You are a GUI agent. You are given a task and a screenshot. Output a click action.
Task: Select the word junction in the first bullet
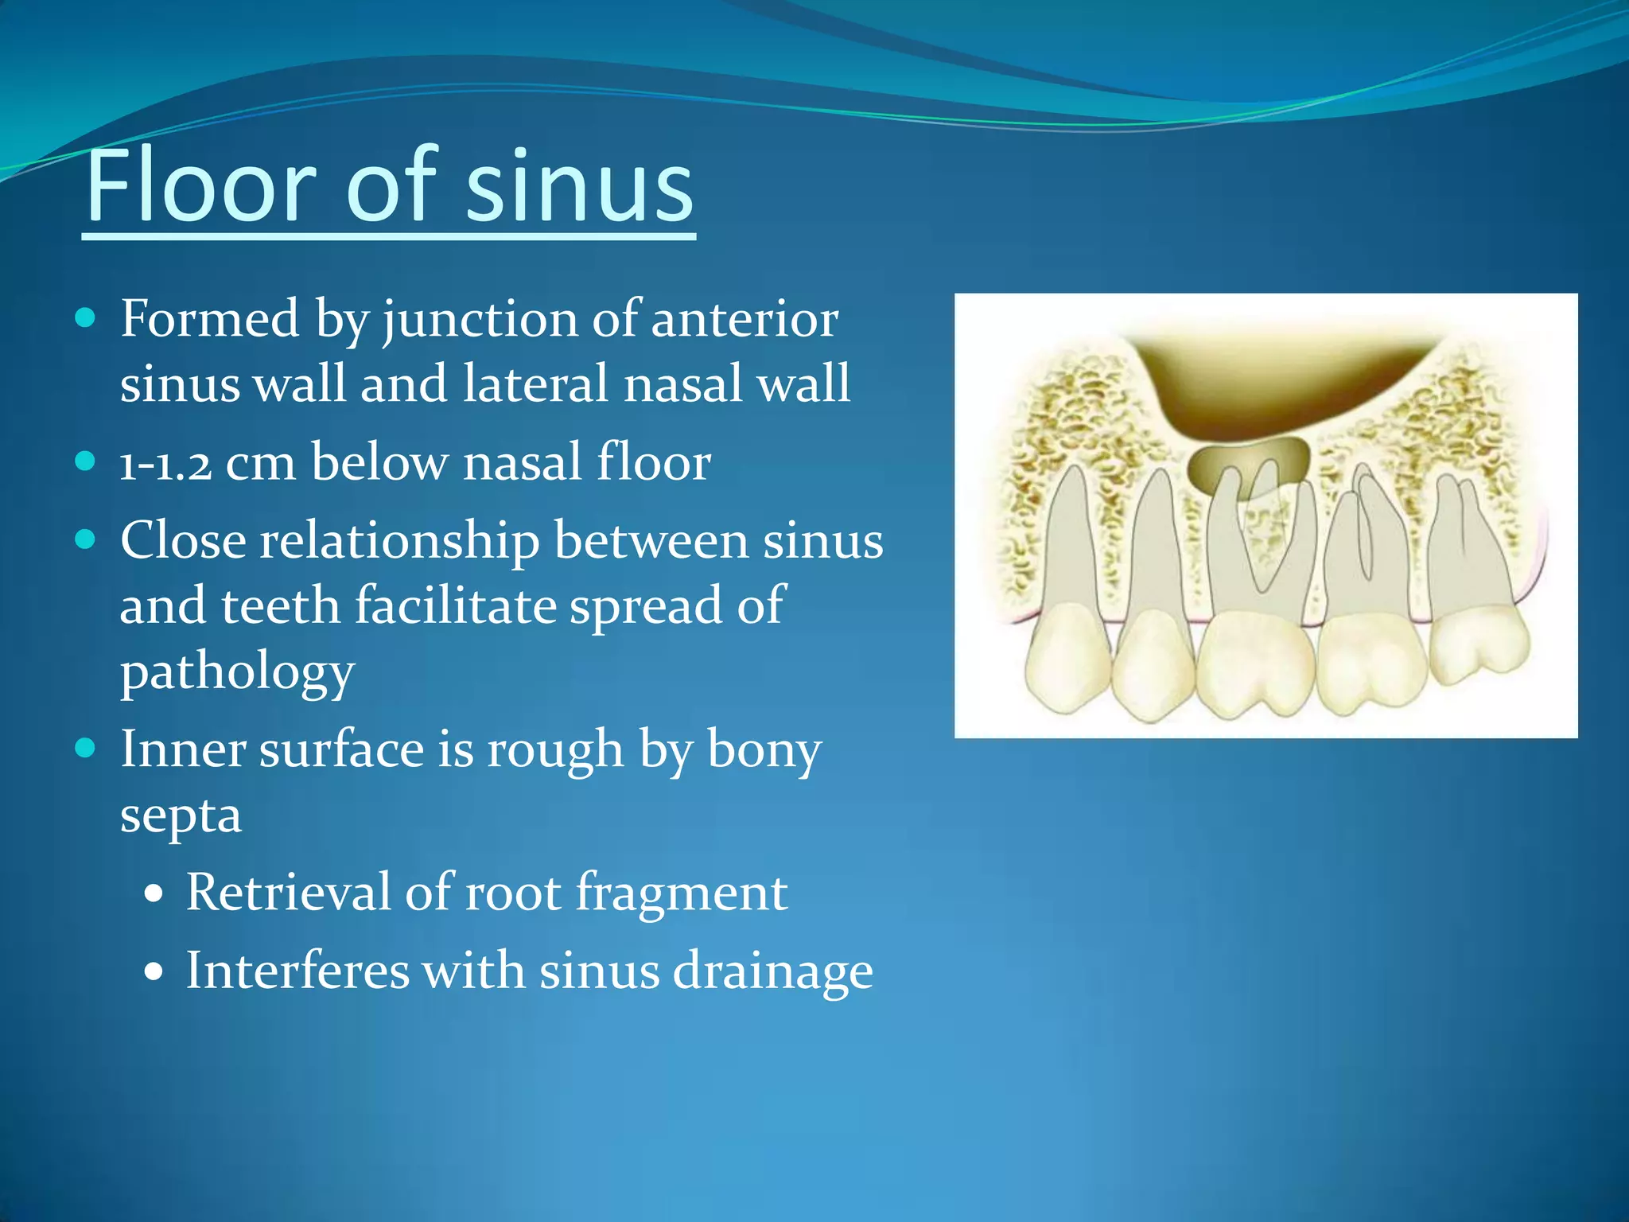pyautogui.click(x=480, y=320)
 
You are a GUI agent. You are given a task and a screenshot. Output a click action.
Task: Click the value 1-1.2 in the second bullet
pyautogui.click(x=165, y=463)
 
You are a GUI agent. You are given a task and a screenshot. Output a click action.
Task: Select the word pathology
pyautogui.click(x=237, y=673)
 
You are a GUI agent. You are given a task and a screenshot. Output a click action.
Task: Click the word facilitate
pyautogui.click(x=454, y=606)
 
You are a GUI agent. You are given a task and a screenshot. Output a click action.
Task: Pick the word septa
pyautogui.click(x=181, y=816)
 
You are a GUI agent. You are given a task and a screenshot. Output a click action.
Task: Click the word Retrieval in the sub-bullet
pyautogui.click(x=288, y=893)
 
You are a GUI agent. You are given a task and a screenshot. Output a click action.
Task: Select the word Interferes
pyautogui.click(x=297, y=971)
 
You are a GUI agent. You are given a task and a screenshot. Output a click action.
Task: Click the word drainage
pyautogui.click(x=772, y=973)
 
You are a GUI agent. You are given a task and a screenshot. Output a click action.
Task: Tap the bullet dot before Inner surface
pyautogui.click(x=85, y=749)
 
